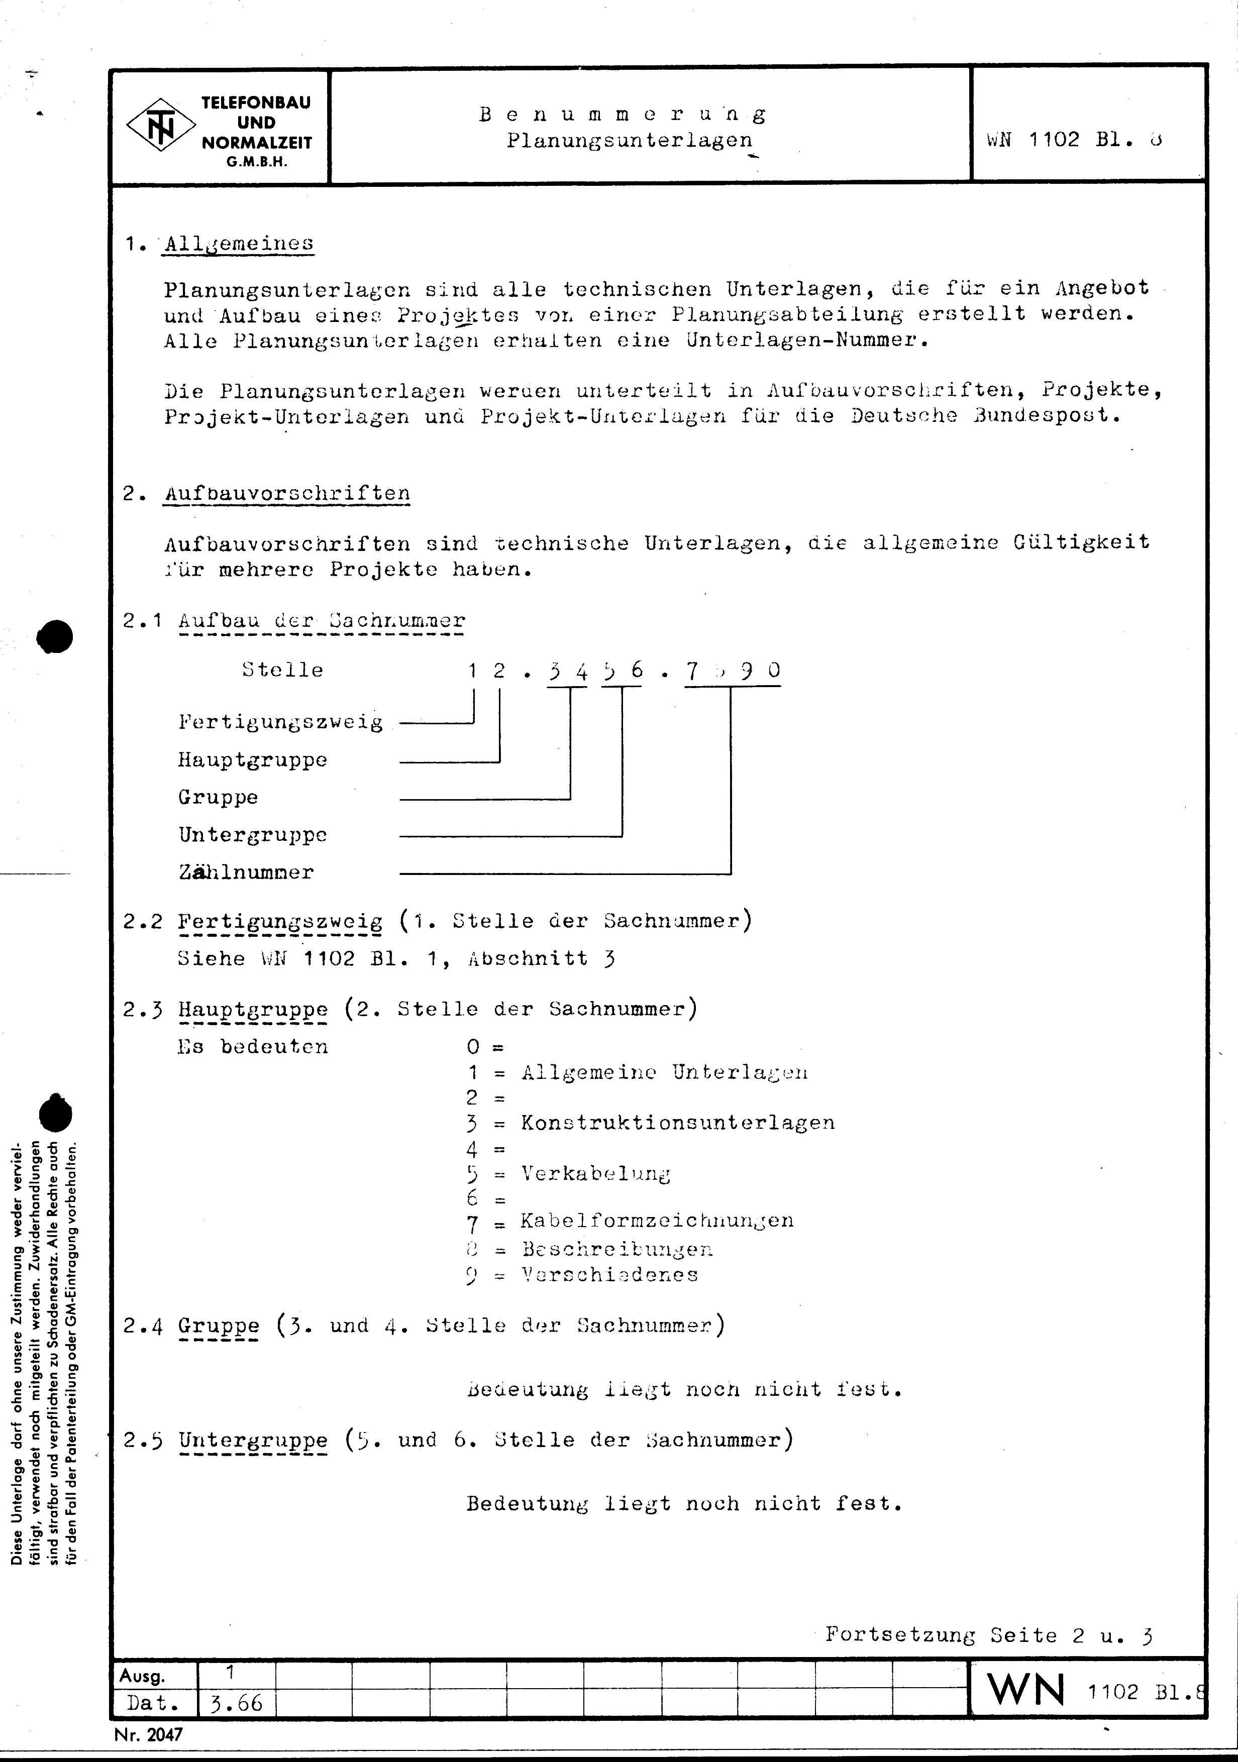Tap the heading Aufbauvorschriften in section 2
287,493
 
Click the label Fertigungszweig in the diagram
280,722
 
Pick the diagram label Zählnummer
246,872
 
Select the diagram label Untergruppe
253,835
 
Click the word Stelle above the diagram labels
282,670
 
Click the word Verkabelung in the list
595,1173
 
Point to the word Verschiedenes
610,1275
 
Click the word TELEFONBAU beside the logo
256,103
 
